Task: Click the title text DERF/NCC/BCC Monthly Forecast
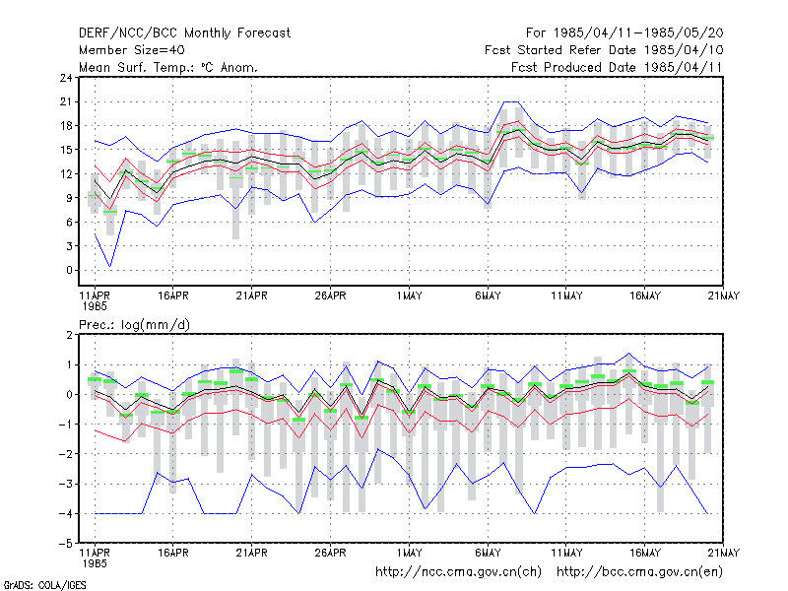pos(184,33)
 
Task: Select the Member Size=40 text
pos(132,50)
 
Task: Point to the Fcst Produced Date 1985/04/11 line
pos(617,67)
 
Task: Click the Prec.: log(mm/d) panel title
pos(134,325)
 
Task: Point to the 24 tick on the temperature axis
pos(66,78)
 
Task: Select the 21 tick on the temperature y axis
pos(66,102)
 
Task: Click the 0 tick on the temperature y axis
pos(69,270)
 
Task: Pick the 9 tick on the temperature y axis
pos(69,198)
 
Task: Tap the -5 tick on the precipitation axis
pos(66,544)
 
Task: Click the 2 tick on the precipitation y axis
pos(69,335)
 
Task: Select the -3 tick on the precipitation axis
pos(66,485)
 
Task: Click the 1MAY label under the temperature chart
pos(409,296)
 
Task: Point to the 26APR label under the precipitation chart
pos(331,553)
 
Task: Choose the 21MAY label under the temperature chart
pos(724,296)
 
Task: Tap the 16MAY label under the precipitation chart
pos(645,553)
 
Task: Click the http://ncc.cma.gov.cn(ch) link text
pos(458,572)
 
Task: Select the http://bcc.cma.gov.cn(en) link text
pos(639,572)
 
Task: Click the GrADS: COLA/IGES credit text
pos(45,585)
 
